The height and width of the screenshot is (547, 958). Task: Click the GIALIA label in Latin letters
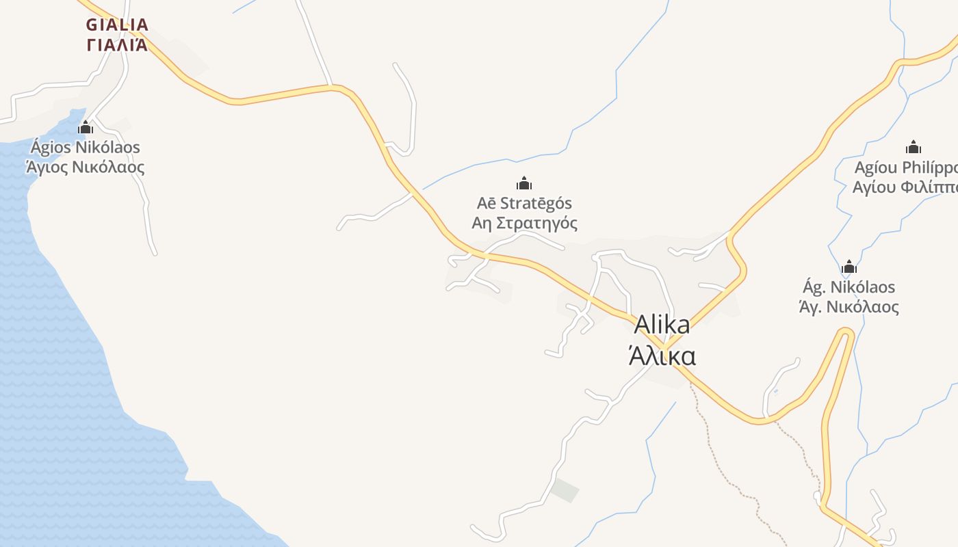coord(117,25)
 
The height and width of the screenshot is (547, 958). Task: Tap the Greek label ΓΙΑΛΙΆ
coord(117,45)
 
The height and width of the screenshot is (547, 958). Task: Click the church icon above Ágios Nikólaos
coord(86,127)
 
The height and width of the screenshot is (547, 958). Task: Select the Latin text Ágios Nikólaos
coord(86,148)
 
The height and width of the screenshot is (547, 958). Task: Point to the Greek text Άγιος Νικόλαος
coord(86,167)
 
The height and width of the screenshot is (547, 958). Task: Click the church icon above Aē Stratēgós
coord(524,183)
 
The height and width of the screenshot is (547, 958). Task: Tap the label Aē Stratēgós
coord(524,203)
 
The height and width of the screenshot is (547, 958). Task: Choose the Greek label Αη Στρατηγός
coord(524,223)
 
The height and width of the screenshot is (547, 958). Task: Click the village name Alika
coord(662,325)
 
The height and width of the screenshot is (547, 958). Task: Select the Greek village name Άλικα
coord(662,356)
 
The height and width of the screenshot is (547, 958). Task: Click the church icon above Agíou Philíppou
coord(914,147)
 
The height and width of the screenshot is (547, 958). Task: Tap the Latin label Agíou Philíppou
coord(905,168)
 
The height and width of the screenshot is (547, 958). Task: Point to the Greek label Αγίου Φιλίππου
coord(905,187)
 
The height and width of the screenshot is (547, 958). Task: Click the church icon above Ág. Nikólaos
coord(849,267)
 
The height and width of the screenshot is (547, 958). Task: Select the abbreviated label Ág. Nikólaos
coord(849,287)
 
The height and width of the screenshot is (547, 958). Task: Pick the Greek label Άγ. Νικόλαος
coord(849,307)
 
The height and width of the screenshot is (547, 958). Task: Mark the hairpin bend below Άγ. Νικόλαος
coord(846,333)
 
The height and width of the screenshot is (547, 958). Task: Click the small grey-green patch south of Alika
coord(565,490)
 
